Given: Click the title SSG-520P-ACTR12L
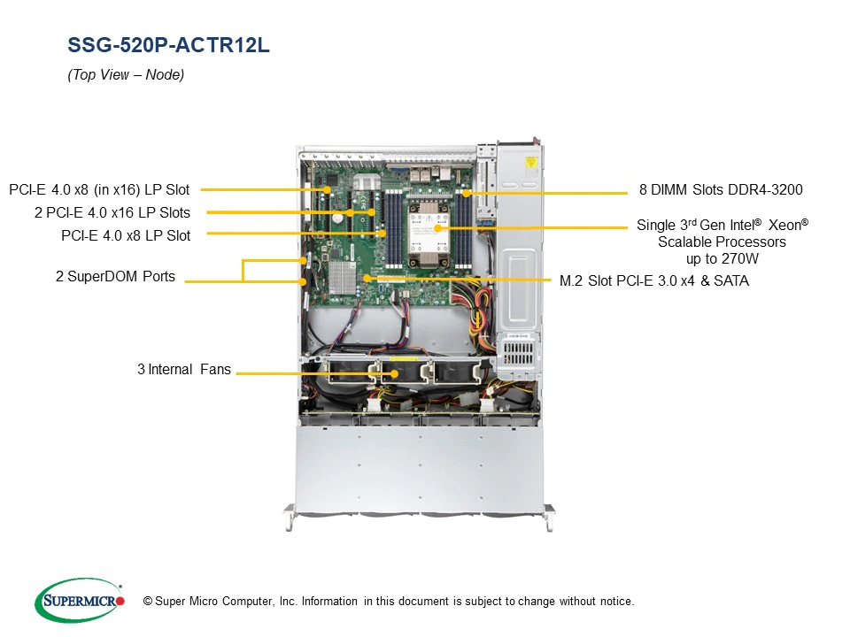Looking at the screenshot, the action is tap(168, 45).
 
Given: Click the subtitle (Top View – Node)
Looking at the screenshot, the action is tap(126, 74).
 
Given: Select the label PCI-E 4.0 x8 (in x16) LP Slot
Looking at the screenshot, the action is tap(99, 189).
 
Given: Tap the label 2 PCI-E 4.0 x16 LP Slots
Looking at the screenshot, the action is tap(112, 212).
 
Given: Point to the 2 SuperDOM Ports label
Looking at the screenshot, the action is tap(115, 276).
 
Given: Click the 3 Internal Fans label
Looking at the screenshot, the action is tap(184, 370).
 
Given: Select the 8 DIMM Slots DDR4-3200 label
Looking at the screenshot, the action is tap(721, 189).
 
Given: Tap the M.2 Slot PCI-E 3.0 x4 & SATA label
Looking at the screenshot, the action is tap(654, 280).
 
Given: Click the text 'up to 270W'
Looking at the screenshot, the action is tap(722, 259).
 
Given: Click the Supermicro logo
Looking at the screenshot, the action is tap(80, 600).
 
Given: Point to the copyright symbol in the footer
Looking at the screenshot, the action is tap(148, 602).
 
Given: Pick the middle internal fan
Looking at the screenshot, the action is tap(398, 372).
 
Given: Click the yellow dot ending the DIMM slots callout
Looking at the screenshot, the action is tap(466, 193).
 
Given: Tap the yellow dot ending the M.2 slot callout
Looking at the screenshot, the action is tap(367, 279).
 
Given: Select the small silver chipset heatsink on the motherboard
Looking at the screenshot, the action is tap(342, 278).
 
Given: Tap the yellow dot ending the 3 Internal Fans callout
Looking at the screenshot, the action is tap(395, 373).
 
